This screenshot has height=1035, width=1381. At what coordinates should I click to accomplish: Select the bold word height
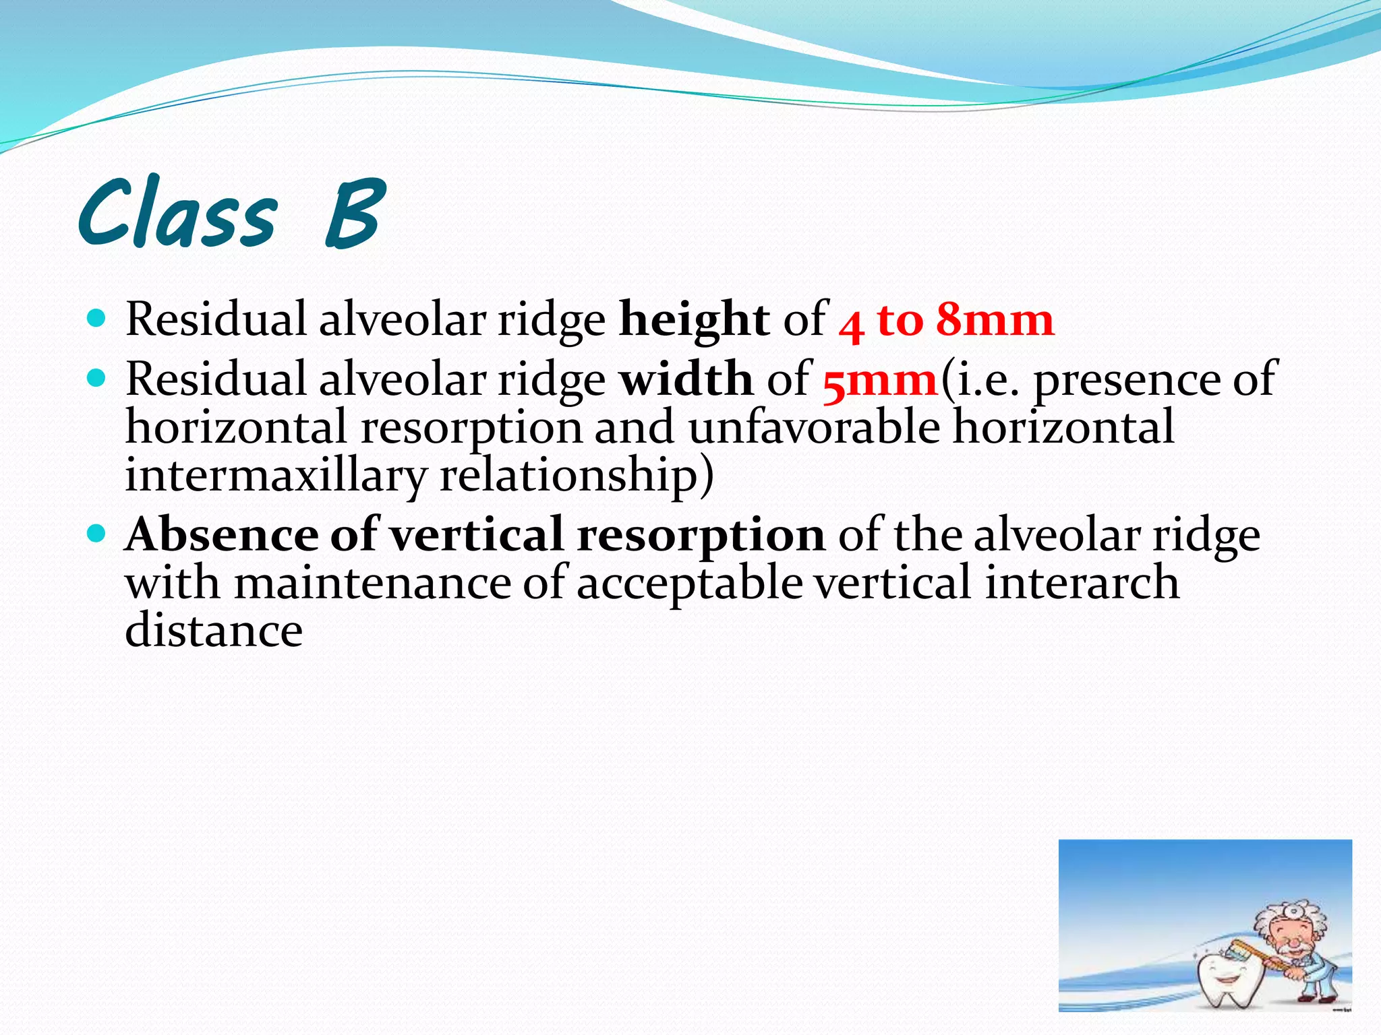pos(694,319)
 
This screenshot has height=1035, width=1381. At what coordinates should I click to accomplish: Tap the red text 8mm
pos(995,319)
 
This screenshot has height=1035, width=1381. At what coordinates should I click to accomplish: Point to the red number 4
pos(852,325)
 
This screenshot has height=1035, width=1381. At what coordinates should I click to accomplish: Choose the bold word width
pos(686,379)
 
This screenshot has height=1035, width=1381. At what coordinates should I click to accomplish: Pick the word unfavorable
pos(814,427)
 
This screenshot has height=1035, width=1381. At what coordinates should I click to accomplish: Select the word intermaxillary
pos(276,475)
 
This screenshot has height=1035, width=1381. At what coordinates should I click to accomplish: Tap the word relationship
pos(577,475)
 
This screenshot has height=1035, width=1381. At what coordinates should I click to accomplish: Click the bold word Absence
pos(222,534)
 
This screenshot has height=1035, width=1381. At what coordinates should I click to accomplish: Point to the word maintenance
pos(373,583)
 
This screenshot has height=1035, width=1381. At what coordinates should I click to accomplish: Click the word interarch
pos(1082,583)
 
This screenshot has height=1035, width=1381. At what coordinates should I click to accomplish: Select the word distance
pos(214,631)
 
